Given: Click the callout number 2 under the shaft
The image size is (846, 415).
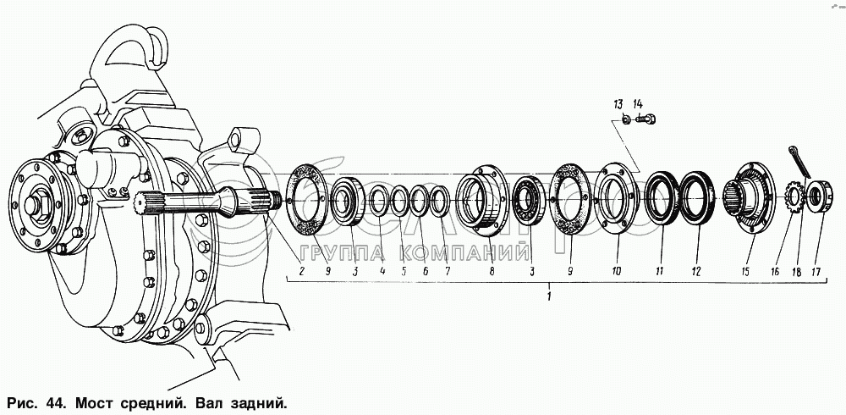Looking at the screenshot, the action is pyautogui.click(x=300, y=272).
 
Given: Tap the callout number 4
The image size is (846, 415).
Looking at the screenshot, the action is pyautogui.click(x=382, y=272).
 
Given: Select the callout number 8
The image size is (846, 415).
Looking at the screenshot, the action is pyautogui.click(x=491, y=272).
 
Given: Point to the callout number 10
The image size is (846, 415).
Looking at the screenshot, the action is pyautogui.click(x=617, y=272).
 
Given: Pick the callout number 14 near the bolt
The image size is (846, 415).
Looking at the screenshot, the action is pyautogui.click(x=638, y=104).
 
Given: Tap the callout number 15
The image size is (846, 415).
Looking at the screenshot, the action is pyautogui.click(x=745, y=272).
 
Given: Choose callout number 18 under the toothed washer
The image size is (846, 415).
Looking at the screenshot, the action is pyautogui.click(x=795, y=272).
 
